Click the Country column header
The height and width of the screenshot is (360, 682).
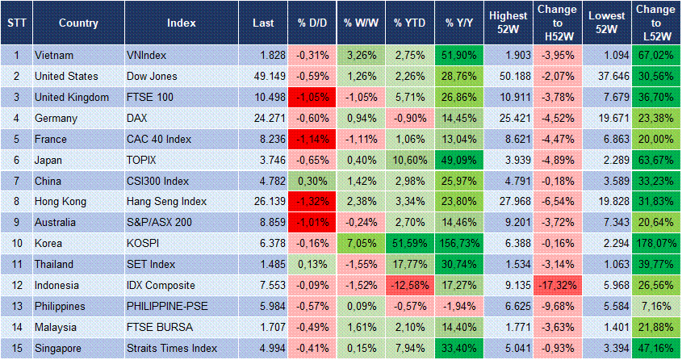pos(78,23)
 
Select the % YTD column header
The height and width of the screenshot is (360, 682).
pos(410,23)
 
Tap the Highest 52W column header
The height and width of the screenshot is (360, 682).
pos(508,23)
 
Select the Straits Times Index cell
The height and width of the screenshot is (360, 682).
pos(172,349)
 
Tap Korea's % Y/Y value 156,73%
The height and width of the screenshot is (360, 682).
pos(460,244)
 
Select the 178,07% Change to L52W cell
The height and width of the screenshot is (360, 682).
pos(655,244)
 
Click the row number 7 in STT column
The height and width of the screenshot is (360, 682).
pos(16,181)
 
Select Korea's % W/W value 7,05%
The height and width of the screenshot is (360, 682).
pos(361,244)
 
